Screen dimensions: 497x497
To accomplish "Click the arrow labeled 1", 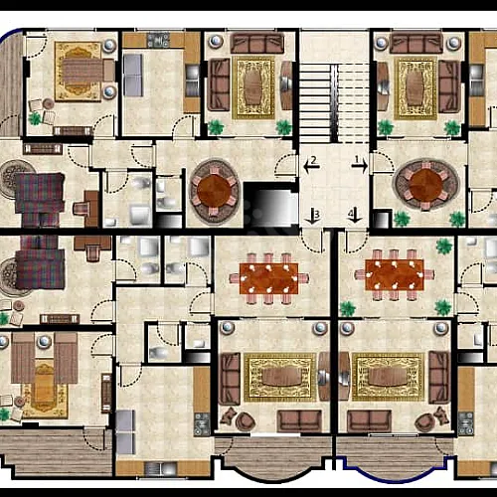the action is (x=361, y=165).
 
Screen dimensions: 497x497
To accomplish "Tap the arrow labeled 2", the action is (x=311, y=165).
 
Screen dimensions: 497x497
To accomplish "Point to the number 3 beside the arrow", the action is (x=317, y=215).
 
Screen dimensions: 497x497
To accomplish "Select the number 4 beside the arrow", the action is (x=351, y=214).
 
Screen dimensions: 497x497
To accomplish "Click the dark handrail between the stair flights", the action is (x=334, y=103).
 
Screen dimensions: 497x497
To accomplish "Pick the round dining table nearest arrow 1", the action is (x=425, y=183).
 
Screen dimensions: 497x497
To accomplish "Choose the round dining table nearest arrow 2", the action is (x=214, y=191).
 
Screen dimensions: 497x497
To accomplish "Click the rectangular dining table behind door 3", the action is (x=268, y=278).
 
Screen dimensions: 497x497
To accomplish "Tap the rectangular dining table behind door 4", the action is (x=395, y=274).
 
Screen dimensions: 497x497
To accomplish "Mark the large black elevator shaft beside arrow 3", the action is (x=271, y=205).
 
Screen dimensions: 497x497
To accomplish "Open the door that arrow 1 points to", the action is (x=379, y=162).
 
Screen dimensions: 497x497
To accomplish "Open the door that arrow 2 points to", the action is (x=285, y=164).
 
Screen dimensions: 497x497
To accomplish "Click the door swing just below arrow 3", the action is (x=312, y=241).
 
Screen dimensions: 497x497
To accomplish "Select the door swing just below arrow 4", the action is (x=357, y=241).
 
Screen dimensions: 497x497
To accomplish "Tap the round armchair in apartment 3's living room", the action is (x=245, y=421).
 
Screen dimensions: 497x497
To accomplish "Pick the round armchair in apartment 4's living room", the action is (x=425, y=422).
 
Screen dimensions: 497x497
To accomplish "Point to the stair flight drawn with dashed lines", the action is (x=354, y=103).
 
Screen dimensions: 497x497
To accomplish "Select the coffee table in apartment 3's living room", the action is (x=281, y=377).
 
